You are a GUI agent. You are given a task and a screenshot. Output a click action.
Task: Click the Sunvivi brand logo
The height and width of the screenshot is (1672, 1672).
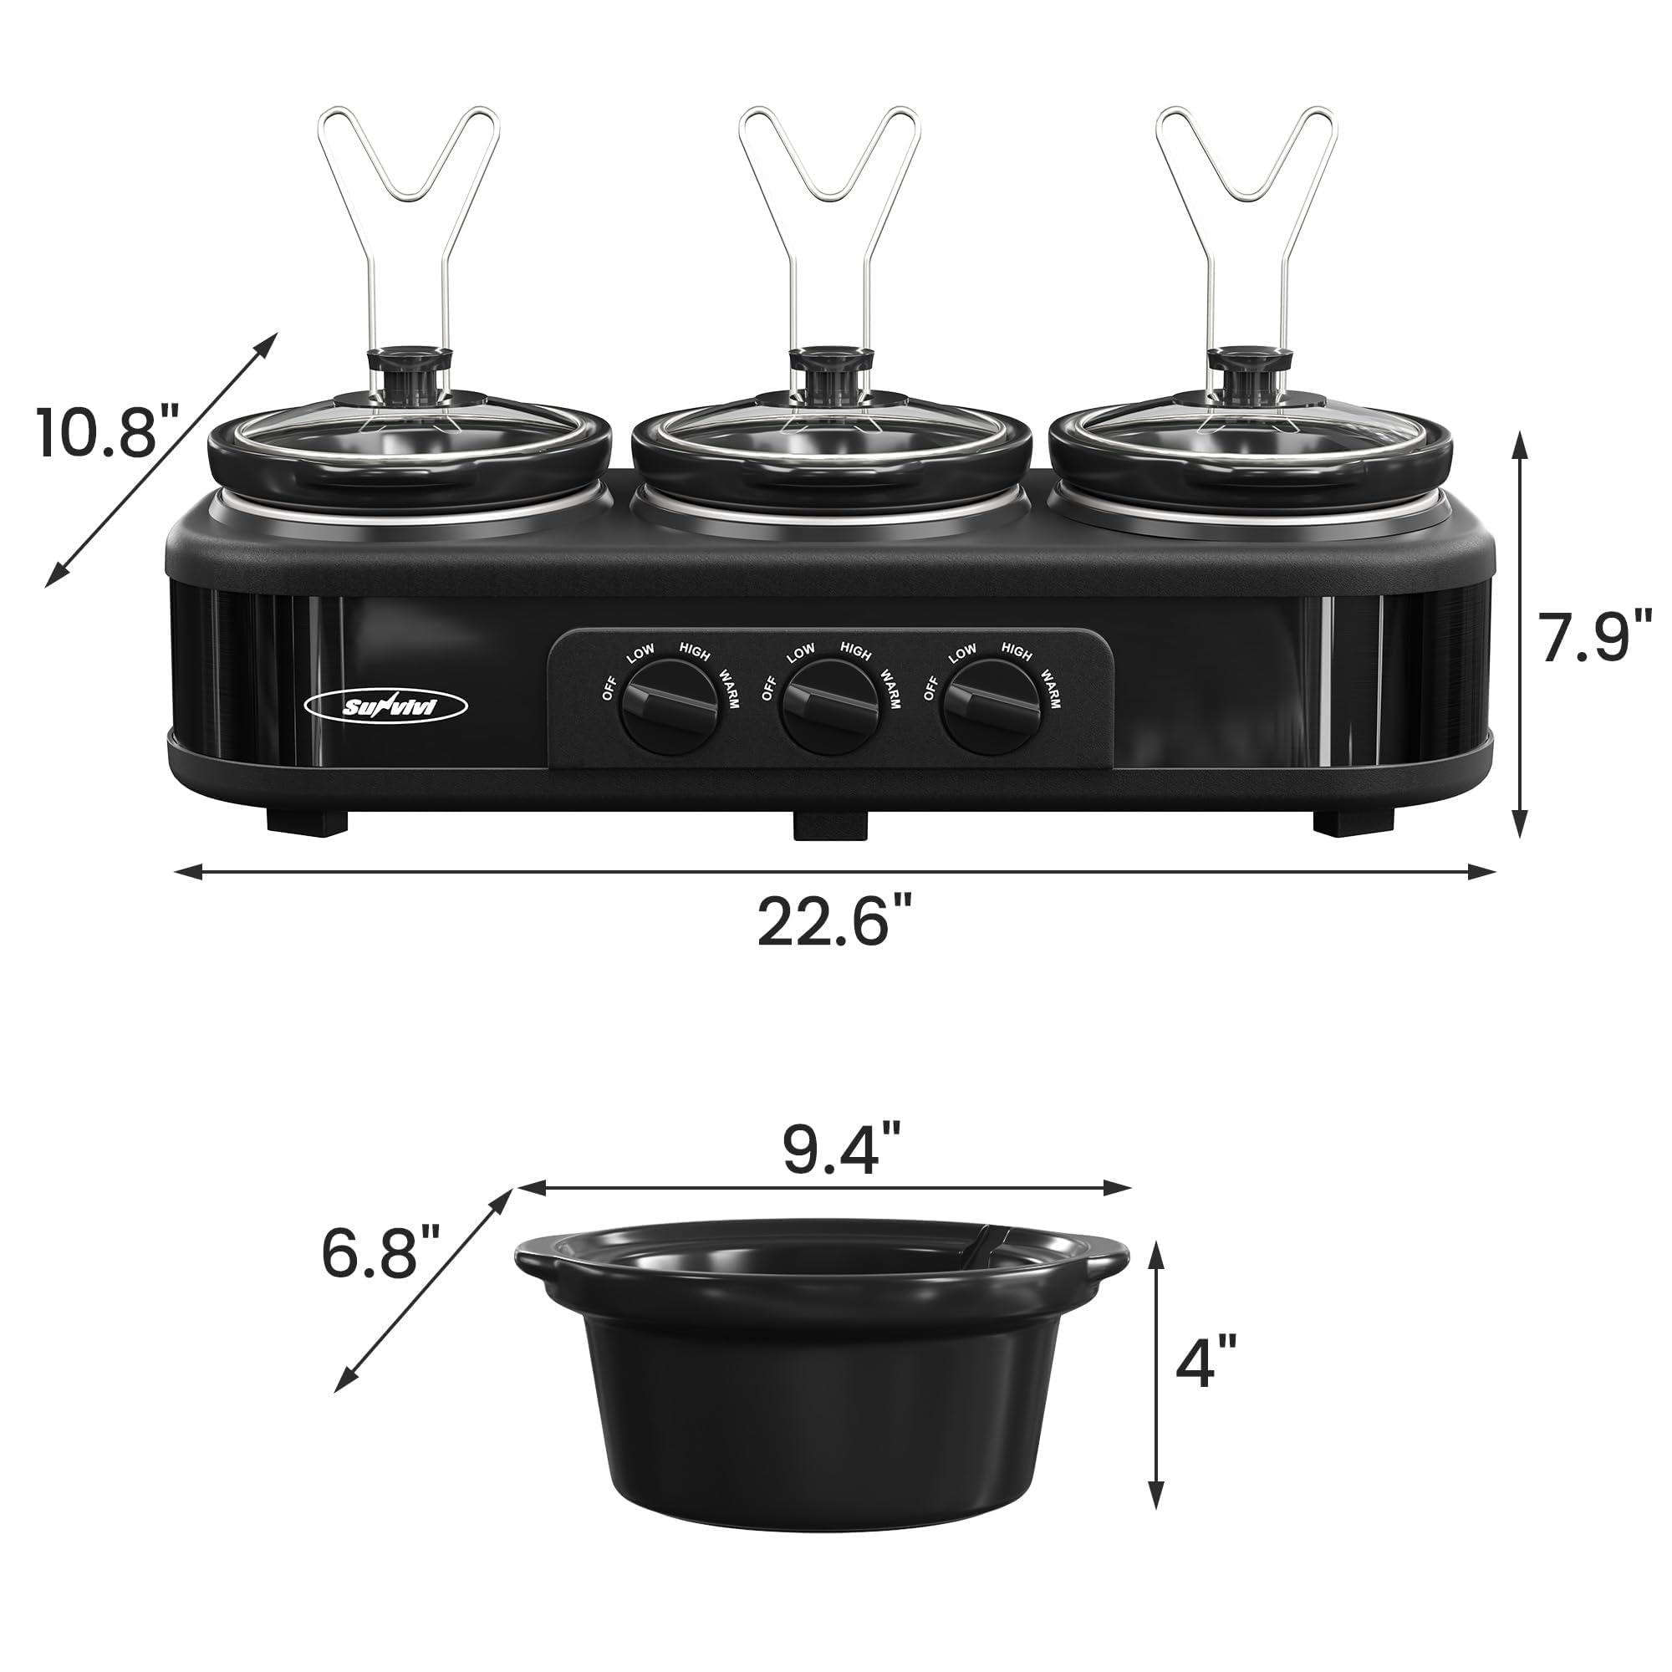[386, 708]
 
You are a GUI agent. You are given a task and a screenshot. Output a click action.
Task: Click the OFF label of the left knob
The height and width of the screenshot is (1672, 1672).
[609, 690]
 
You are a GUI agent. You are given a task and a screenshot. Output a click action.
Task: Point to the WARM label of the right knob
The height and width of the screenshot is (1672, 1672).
[1049, 688]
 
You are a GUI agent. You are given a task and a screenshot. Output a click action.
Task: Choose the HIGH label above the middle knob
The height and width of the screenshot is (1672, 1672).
[855, 650]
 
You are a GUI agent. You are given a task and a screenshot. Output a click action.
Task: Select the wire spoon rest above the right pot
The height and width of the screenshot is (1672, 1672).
[1246, 173]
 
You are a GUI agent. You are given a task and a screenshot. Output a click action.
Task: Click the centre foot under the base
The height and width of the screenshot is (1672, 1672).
[830, 827]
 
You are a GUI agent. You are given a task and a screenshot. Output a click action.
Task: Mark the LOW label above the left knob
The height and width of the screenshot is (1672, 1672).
[641, 655]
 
